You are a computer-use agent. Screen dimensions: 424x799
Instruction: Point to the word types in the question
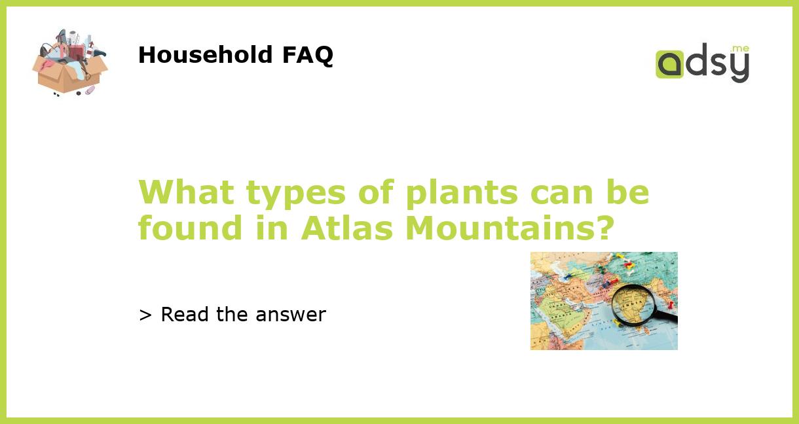coord(296,194)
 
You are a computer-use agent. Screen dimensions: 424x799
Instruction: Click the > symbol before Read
coord(145,315)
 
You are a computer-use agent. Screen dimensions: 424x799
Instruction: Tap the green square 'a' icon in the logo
coord(669,65)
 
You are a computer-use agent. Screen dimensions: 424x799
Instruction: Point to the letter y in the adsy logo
coord(739,67)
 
